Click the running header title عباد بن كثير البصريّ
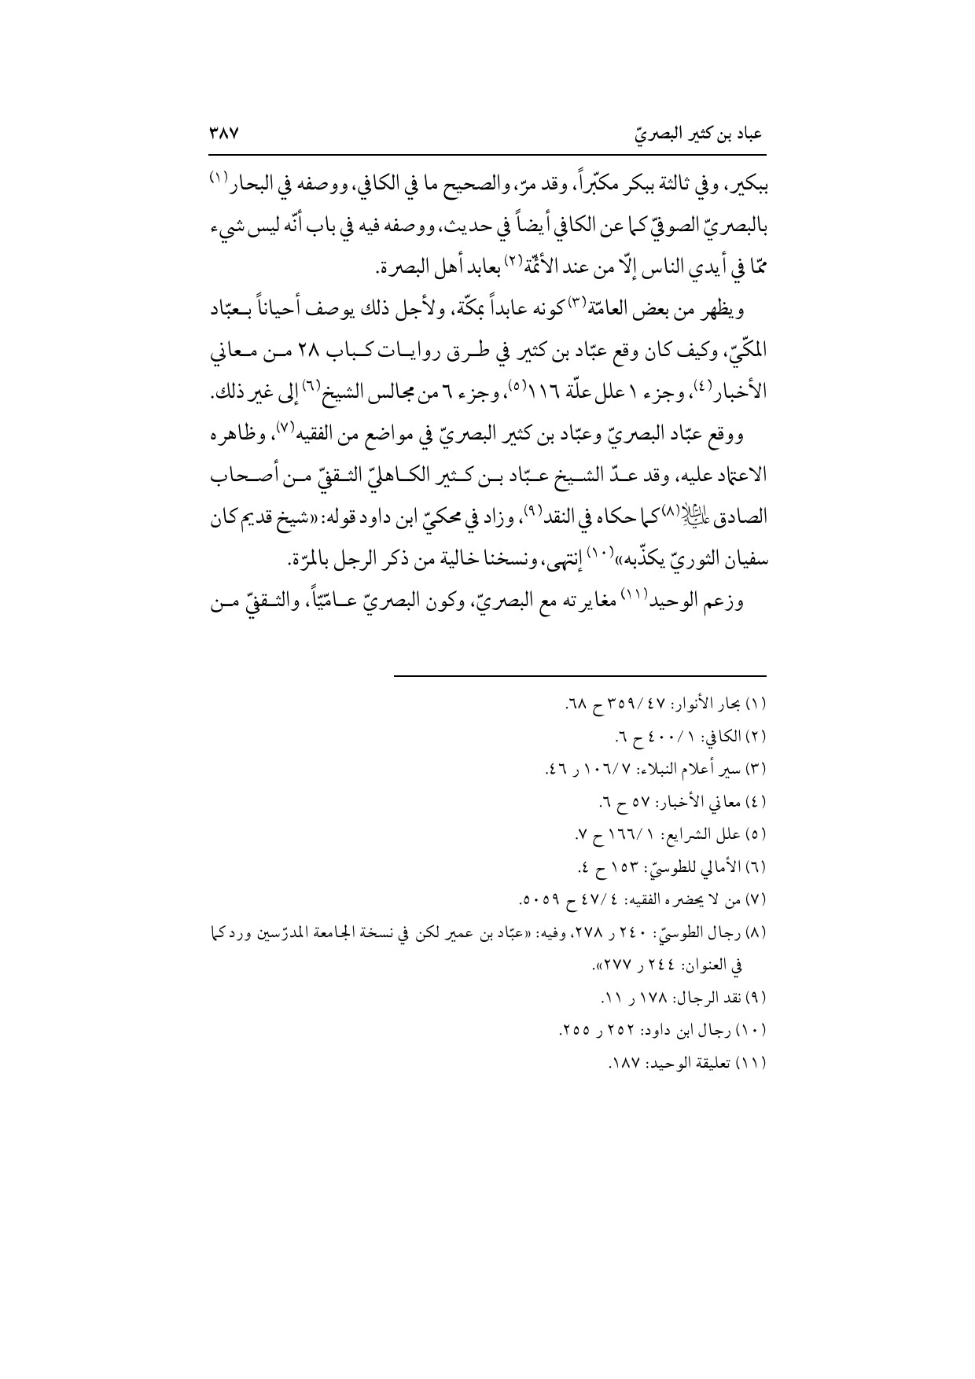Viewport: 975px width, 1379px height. pos(699,135)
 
